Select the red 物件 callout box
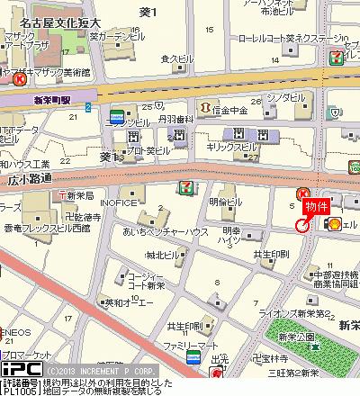point(316,207)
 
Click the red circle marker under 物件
point(302,225)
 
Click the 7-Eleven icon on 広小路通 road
point(184,186)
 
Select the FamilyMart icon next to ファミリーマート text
point(193,358)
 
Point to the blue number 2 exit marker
point(88,107)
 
